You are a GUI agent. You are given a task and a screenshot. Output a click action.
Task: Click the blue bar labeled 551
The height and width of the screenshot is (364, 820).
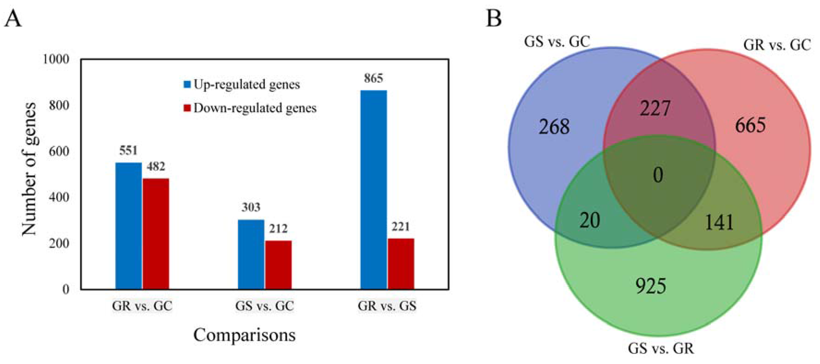tap(128, 226)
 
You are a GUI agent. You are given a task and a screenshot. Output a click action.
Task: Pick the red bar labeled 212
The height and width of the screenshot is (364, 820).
tap(278, 265)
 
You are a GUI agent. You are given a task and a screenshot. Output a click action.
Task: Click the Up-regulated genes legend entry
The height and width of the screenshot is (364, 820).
tap(242, 85)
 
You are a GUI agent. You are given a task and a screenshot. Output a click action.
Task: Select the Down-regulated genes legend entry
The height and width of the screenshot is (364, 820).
tap(250, 108)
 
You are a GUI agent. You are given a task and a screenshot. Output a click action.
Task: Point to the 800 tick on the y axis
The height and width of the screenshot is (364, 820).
tap(59, 105)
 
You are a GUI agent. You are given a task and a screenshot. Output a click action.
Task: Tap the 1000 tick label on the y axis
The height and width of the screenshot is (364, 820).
tap(56, 59)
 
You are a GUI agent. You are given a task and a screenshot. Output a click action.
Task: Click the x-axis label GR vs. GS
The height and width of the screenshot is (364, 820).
tap(387, 306)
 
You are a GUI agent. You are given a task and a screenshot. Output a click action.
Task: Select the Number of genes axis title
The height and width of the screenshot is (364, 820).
tap(29, 169)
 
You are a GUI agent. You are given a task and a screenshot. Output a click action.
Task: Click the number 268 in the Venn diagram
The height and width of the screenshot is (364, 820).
tap(554, 127)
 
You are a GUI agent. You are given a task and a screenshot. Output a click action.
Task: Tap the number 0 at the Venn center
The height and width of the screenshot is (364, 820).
tap(658, 175)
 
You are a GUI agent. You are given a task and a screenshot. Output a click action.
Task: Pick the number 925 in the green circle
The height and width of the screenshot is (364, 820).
tap(651, 286)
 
